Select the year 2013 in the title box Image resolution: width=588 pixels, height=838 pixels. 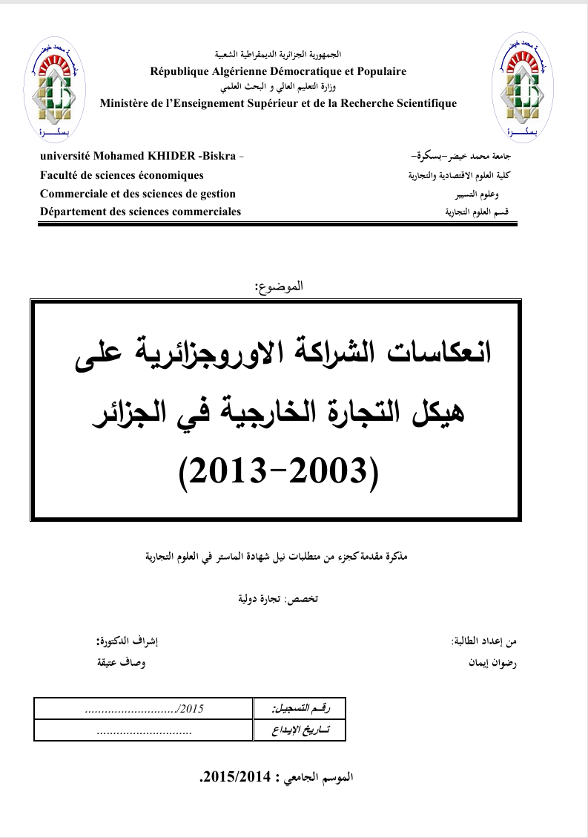(225, 470)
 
